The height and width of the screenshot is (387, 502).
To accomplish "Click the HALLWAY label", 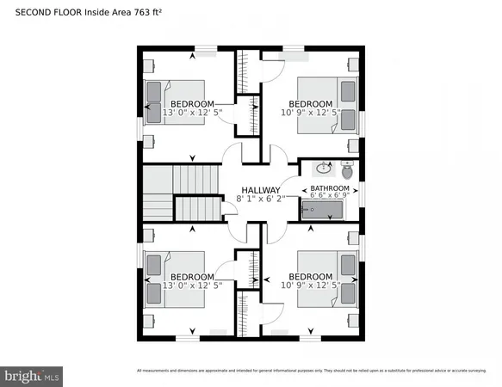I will coord(260,190).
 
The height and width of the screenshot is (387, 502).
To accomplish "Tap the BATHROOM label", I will coord(330,187).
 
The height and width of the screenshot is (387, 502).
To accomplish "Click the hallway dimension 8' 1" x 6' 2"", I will coord(259,199).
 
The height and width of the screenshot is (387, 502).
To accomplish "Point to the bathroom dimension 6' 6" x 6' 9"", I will coord(330,195).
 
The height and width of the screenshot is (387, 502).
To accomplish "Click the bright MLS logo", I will coord(33,375).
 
